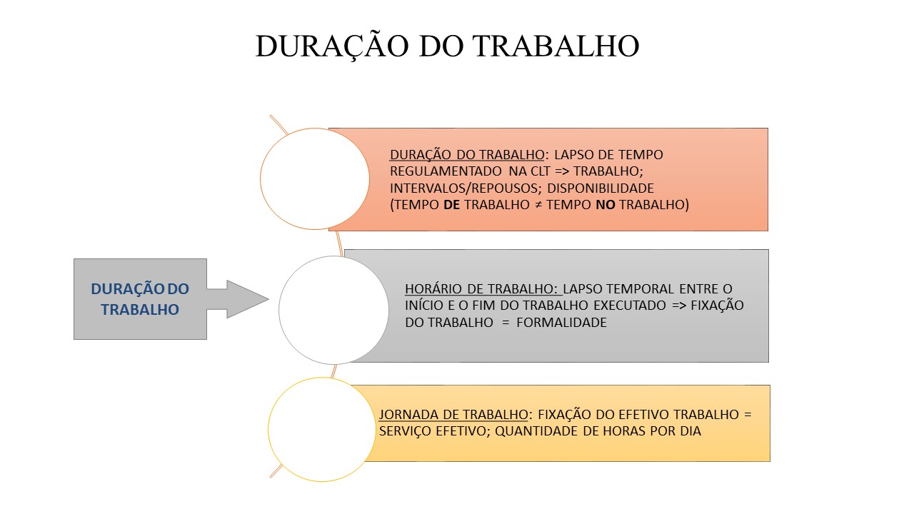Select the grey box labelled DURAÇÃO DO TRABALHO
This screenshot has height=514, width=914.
tap(140, 299)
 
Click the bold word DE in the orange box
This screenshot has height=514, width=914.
tap(451, 204)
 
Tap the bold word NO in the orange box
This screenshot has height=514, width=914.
tap(606, 204)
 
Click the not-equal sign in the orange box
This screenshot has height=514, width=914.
tap(538, 205)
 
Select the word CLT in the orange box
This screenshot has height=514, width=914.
tap(541, 171)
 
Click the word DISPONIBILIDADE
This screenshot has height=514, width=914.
tap(601, 188)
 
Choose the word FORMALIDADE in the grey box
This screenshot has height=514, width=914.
tap(561, 322)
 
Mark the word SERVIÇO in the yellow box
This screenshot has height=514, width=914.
tap(405, 431)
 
